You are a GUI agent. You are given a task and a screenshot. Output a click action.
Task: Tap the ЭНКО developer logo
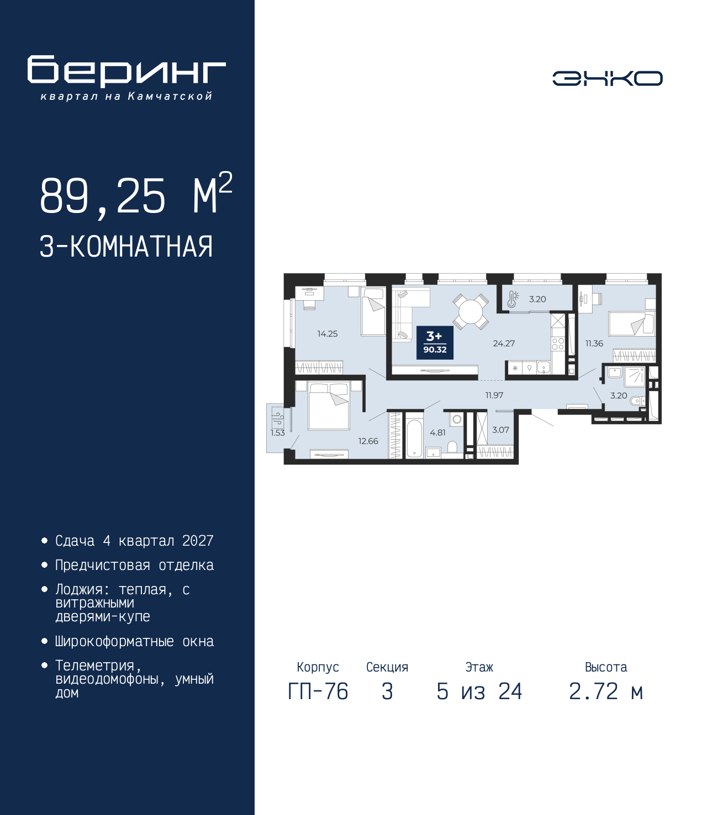[607, 78]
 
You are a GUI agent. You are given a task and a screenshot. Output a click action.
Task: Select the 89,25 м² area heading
[136, 195]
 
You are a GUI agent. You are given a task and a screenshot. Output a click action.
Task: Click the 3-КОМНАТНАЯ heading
[126, 247]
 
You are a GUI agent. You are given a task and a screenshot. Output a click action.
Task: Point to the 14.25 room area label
[327, 334]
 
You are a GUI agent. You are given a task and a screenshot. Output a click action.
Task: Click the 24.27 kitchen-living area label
[504, 343]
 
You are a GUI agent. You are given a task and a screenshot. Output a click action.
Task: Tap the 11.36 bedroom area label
[594, 343]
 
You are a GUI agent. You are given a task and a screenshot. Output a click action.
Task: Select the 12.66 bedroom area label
[368, 441]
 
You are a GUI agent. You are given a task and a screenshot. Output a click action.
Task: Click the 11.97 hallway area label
[494, 395]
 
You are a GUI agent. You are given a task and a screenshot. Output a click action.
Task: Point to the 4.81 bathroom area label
[437, 433]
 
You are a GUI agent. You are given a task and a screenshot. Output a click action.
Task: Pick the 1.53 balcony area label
[277, 433]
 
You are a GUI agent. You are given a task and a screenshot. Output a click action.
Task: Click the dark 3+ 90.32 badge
[435, 343]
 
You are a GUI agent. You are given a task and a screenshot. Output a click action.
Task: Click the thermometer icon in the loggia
[513, 299]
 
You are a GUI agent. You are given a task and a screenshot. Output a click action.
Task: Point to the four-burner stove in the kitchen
[558, 344]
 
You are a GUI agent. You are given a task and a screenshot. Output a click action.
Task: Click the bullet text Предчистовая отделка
[134, 566]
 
